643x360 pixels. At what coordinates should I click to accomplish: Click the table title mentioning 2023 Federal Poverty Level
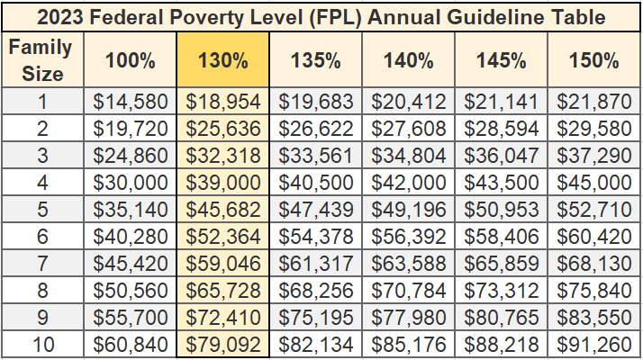tap(321, 17)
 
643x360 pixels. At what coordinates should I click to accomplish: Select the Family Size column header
tap(42, 60)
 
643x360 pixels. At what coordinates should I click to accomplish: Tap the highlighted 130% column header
tap(224, 61)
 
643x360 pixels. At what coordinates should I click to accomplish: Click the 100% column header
tap(131, 61)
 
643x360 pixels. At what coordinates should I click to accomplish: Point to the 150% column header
tap(594, 61)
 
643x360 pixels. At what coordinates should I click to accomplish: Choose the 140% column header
tap(409, 61)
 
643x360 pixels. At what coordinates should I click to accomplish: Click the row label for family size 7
tap(42, 264)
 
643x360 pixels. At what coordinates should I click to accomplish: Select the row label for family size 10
tap(42, 345)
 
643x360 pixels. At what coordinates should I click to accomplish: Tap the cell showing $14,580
tap(131, 101)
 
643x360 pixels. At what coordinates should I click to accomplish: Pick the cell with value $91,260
tap(594, 345)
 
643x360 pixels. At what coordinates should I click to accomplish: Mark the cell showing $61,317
tap(316, 264)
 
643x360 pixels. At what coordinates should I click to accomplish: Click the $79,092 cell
tap(224, 345)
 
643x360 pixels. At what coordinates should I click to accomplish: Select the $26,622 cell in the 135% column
tap(316, 128)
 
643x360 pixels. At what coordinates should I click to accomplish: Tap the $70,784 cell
tap(409, 291)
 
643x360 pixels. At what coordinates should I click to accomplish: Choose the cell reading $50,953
tap(502, 210)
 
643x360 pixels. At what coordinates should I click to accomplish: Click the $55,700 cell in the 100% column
tap(131, 318)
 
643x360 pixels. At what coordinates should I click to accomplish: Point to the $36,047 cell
tap(502, 155)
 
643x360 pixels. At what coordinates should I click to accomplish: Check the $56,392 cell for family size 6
tap(409, 237)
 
